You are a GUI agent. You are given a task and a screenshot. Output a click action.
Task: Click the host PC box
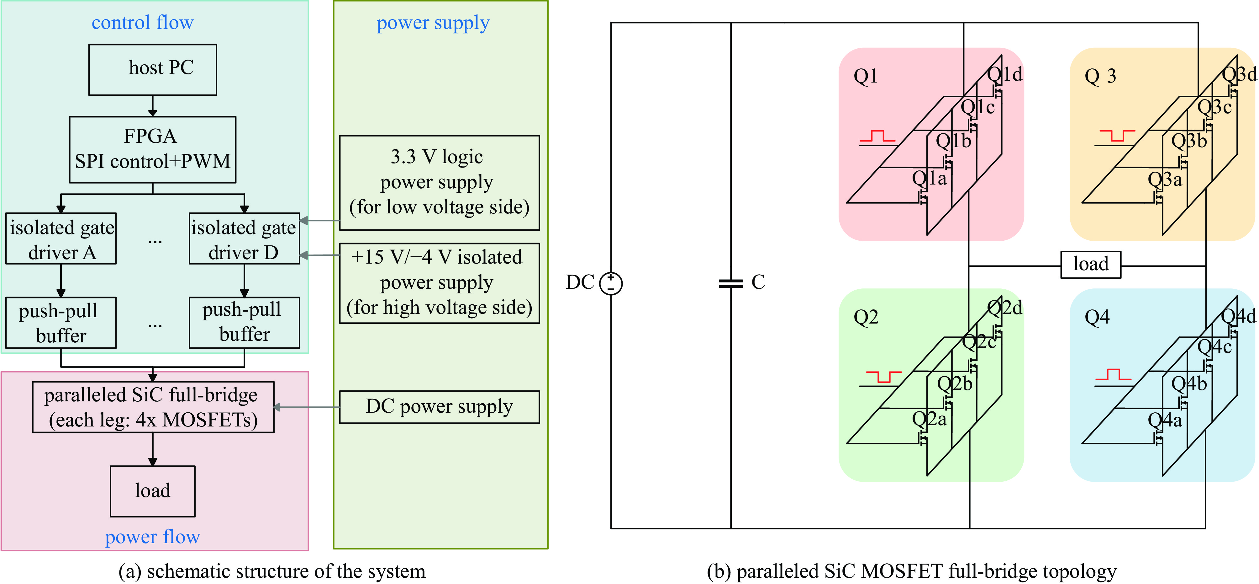point(152,69)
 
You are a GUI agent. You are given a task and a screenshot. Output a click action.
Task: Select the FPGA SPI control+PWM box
point(152,149)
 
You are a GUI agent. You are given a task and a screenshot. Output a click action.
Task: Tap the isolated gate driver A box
point(61,239)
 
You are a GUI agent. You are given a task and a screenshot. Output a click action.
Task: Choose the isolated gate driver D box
point(244,239)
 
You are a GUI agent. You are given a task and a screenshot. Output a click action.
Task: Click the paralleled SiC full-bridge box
point(152,407)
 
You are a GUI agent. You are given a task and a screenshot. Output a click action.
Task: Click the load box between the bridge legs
point(1090,265)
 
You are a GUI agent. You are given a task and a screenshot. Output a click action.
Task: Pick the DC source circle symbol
point(611,283)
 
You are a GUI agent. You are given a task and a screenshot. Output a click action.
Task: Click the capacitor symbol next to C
point(731,283)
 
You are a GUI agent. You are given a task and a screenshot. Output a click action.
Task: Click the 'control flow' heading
point(142,23)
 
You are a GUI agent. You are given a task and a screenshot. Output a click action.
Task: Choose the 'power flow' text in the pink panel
point(152,537)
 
